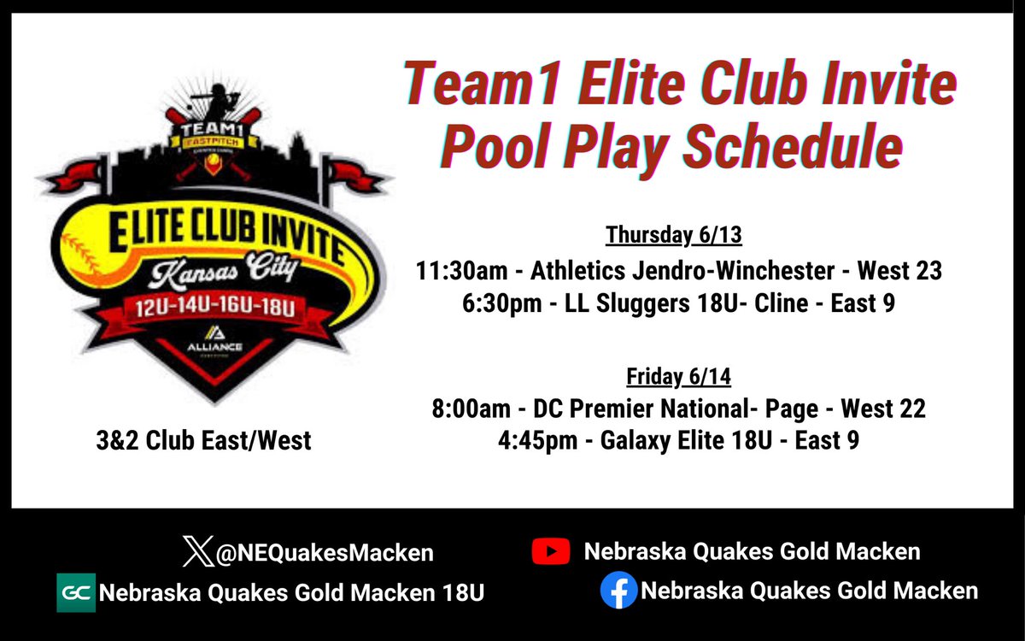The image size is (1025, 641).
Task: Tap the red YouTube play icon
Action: click(x=550, y=551)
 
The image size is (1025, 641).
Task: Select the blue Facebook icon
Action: click(x=618, y=591)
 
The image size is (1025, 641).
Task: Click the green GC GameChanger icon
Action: click(x=76, y=592)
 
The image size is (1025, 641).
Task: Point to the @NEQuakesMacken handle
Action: click(x=324, y=553)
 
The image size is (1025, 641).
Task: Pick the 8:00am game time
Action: click(x=471, y=409)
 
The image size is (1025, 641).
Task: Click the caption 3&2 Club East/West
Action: click(x=203, y=441)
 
